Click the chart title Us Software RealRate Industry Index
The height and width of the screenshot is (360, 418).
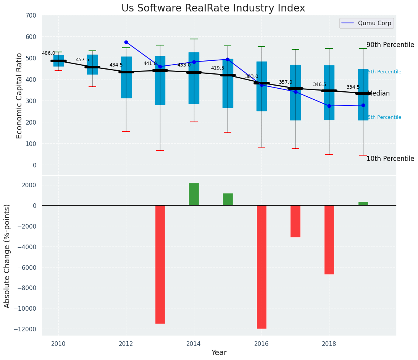tap(213, 8)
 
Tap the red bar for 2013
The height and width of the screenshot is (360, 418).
tap(160, 264)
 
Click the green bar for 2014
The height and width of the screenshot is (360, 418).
tap(194, 194)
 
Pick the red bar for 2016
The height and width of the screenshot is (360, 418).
tap(261, 267)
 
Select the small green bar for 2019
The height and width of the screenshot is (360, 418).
tap(363, 203)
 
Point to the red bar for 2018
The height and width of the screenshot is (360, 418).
tap(329, 240)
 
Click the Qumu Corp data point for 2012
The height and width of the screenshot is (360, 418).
tap(126, 42)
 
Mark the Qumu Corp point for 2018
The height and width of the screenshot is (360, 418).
tap(329, 106)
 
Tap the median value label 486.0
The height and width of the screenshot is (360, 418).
tap(48, 53)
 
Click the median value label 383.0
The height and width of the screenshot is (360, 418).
tap(252, 76)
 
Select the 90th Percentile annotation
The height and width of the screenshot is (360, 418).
tap(390, 45)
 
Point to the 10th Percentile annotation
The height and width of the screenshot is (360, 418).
tap(390, 159)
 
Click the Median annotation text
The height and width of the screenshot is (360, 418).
tap(378, 93)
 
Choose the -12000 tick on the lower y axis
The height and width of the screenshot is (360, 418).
tap(24, 329)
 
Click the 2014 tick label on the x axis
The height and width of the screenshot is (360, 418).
tap(194, 344)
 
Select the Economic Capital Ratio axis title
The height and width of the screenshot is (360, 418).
tap(19, 96)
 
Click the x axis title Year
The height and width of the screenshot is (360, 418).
tap(219, 353)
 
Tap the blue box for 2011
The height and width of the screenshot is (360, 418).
tap(92, 65)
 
